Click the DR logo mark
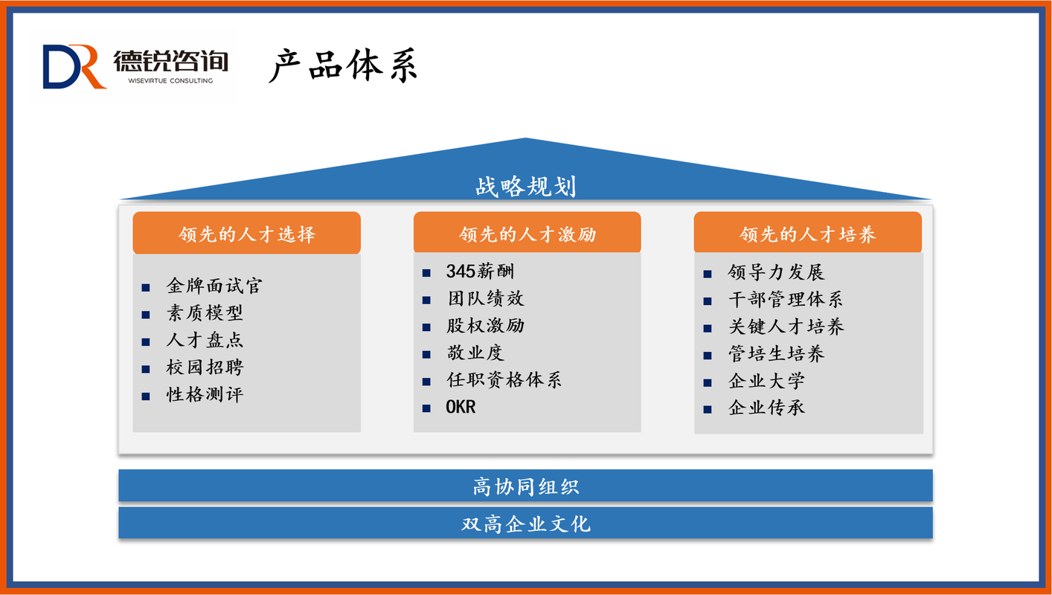pos(74,66)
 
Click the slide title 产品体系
pos(343,65)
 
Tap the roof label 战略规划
pos(525,187)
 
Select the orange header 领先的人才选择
pos(246,233)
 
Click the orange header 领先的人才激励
pos(527,233)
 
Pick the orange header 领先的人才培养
pos(808,233)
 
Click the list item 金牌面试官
pos(214,286)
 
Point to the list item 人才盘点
pos(205,340)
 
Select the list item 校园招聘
pos(205,367)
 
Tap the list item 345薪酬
pos(480,271)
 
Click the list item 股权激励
pos(485,326)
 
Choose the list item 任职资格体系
pos(504,379)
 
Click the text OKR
pos(461,407)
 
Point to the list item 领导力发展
pos(776,272)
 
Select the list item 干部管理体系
pos(785,299)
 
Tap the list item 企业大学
pos(766,381)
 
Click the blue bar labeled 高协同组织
pos(525,486)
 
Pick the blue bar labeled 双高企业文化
pos(525,523)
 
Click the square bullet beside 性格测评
pos(146,396)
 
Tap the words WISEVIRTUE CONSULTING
pos(170,81)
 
